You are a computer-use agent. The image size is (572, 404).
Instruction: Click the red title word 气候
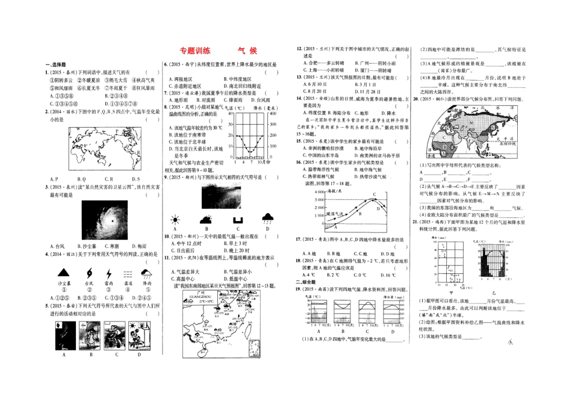pyautogui.click(x=247, y=52)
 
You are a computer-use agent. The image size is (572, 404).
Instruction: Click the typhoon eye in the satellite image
pyautogui.click(x=113, y=221)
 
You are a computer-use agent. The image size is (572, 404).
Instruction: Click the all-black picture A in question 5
pyautogui.click(x=63, y=335)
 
